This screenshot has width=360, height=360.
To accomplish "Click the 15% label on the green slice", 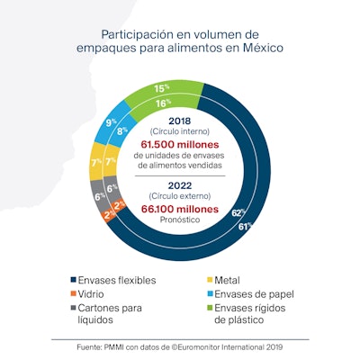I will click(162, 89).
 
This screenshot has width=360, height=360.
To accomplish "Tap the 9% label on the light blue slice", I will click(112, 121).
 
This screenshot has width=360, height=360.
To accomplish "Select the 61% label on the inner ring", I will click(243, 227).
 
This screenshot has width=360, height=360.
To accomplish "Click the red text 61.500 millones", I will click(183, 144).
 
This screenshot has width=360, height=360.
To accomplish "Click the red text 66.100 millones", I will click(183, 206).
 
